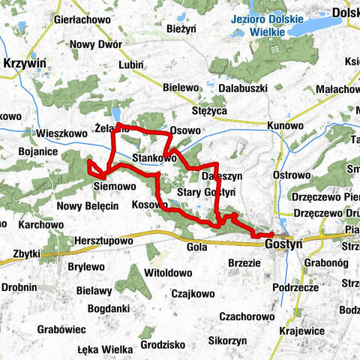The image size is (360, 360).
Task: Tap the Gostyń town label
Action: coord(283,244)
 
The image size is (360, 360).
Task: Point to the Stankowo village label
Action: coord(154,159)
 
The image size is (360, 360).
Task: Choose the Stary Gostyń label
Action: coord(206,193)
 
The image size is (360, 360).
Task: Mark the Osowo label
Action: coord(185,130)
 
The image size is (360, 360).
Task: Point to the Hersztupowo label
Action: coord(103,241)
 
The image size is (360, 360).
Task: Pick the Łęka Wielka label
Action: coord(106,349)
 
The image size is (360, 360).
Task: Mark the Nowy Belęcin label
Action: coord(88,205)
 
